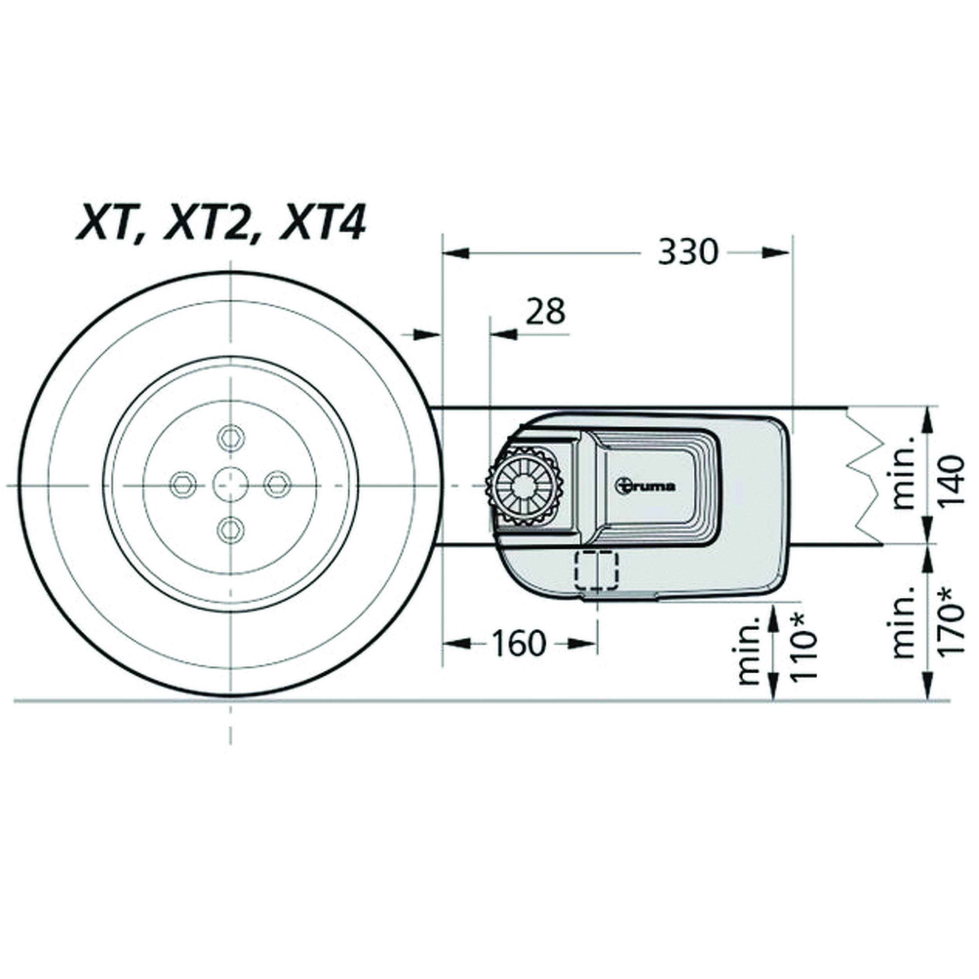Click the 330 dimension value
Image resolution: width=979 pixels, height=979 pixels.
[688, 252]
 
